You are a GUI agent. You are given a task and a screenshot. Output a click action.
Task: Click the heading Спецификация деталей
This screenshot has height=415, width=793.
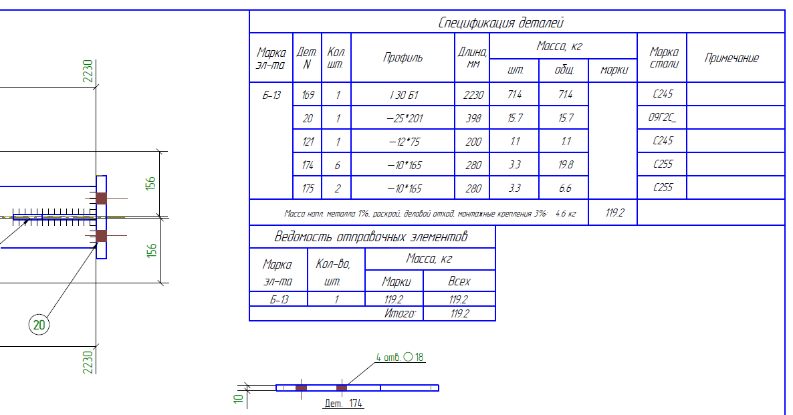click(x=501, y=23)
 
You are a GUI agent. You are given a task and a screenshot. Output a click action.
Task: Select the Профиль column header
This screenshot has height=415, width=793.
click(x=403, y=58)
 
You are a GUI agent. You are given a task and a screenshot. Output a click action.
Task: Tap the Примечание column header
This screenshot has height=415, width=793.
click(x=731, y=58)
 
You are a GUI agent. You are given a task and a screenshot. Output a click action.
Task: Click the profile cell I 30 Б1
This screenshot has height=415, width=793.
click(x=403, y=95)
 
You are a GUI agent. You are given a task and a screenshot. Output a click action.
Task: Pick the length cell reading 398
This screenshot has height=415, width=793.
click(x=472, y=118)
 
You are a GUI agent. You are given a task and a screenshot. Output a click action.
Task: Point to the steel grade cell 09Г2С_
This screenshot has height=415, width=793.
click(x=662, y=118)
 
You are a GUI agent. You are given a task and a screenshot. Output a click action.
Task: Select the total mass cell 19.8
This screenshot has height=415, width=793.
click(x=564, y=164)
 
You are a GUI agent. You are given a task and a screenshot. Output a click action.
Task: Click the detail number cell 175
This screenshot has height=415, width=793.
click(x=308, y=188)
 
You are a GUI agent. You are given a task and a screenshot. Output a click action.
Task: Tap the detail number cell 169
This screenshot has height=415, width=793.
click(x=308, y=95)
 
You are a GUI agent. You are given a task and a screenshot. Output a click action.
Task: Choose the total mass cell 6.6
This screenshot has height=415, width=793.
click(x=564, y=188)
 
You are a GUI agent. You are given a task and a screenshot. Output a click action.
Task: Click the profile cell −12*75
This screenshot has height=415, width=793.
click(x=403, y=142)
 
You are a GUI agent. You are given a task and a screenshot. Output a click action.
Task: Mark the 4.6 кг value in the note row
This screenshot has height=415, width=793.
click(x=565, y=213)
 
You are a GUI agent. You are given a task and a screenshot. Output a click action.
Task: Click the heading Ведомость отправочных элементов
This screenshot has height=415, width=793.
click(x=371, y=237)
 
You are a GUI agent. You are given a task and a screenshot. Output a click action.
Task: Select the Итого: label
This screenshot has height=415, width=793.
click(x=401, y=313)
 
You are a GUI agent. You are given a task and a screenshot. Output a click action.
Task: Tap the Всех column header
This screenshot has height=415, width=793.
click(x=459, y=281)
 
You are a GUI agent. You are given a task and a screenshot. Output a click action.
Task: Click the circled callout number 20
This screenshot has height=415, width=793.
click(x=39, y=325)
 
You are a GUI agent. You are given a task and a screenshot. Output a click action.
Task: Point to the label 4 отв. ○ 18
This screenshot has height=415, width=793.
click(x=401, y=357)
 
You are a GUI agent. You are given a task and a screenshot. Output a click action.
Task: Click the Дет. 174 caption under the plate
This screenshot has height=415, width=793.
click(x=343, y=403)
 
